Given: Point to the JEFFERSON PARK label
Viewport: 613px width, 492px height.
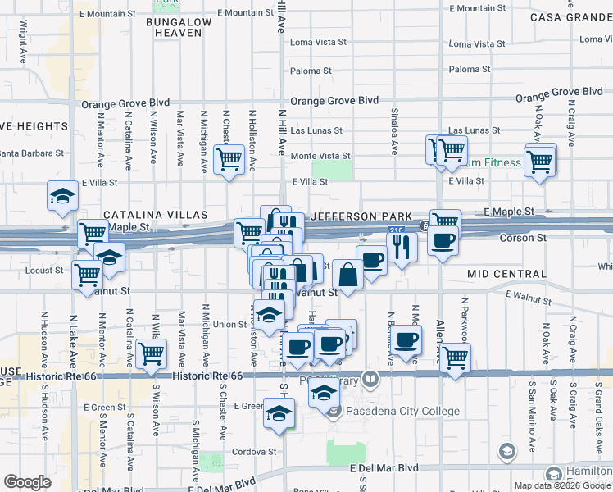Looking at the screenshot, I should pyautogui.click(x=360, y=216).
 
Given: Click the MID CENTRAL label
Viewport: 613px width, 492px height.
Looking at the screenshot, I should pyautogui.click(x=506, y=273).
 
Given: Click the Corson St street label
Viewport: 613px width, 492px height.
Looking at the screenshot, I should pyautogui.click(x=524, y=238).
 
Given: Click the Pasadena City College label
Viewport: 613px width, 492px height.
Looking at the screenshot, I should pyautogui.click(x=402, y=411).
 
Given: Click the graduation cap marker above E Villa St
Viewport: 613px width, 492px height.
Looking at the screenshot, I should pyautogui.click(x=62, y=195).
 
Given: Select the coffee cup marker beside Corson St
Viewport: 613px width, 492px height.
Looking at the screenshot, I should pyautogui.click(x=443, y=241).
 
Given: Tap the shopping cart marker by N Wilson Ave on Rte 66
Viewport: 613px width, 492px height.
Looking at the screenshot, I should pyautogui.click(x=151, y=353).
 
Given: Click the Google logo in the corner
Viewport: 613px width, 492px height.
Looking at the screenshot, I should pyautogui.click(x=28, y=482).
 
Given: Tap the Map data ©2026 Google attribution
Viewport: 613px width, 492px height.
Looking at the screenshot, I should pyautogui.click(x=562, y=485).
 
